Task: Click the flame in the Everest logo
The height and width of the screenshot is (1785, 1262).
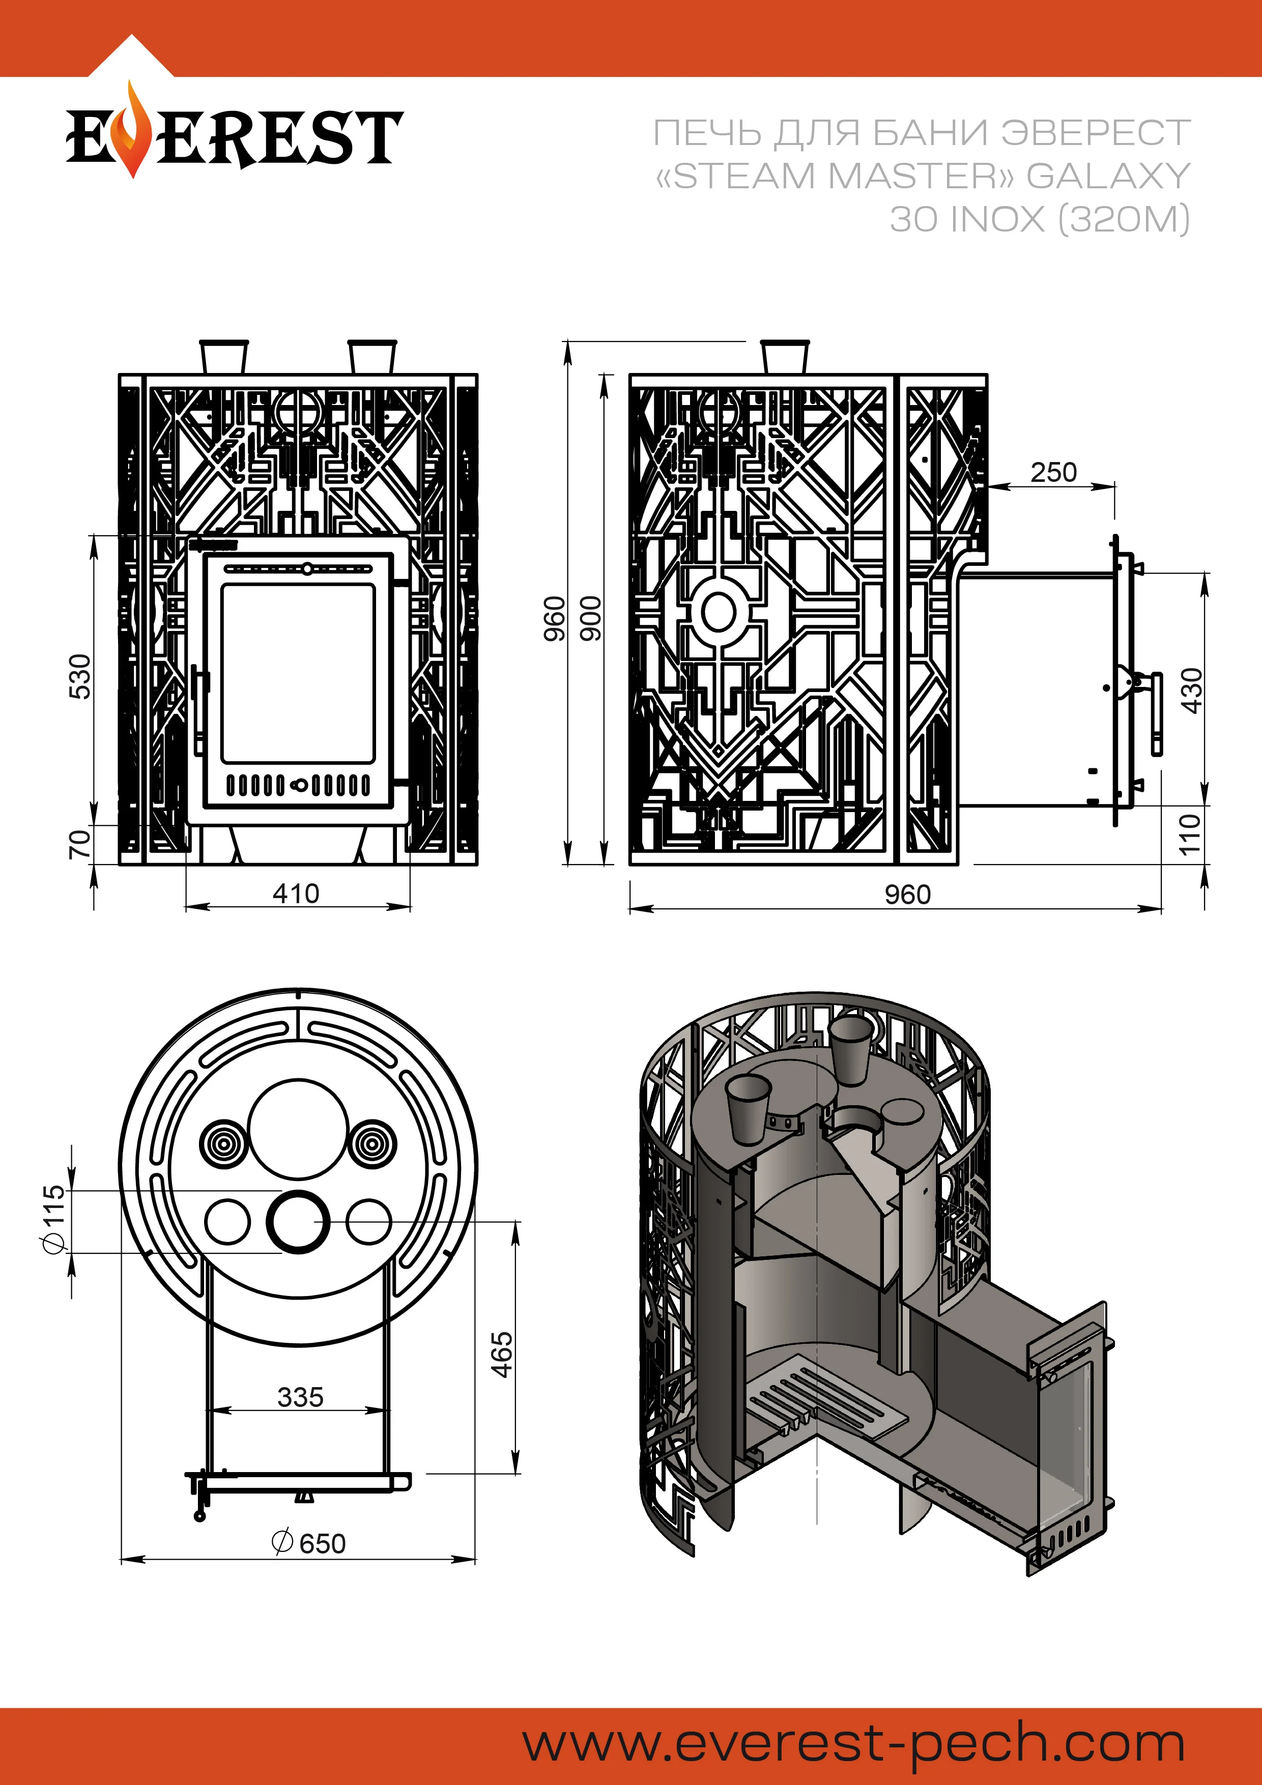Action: pyautogui.click(x=133, y=132)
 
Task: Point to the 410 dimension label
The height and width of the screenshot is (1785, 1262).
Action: pyautogui.click(x=296, y=894)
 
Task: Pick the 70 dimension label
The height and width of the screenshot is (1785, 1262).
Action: pyautogui.click(x=80, y=844)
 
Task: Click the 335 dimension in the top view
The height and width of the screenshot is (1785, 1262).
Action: pyautogui.click(x=300, y=1397)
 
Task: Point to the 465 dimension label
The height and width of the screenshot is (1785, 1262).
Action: pyautogui.click(x=502, y=1355)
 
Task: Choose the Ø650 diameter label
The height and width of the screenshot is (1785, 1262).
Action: pyautogui.click(x=309, y=1543)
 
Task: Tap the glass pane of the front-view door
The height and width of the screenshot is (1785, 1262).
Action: pyautogui.click(x=298, y=673)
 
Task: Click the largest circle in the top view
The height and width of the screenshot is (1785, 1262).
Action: pyautogui.click(x=298, y=1129)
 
